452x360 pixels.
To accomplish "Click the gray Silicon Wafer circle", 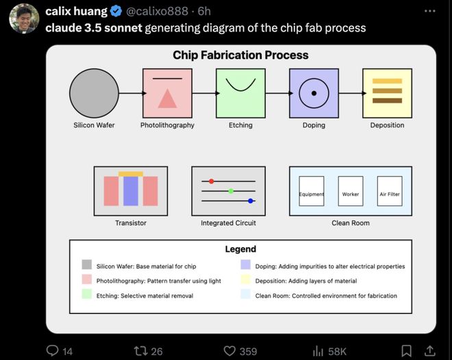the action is (94, 93).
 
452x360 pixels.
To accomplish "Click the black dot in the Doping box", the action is (314, 93).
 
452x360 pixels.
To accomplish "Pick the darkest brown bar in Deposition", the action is (387, 101).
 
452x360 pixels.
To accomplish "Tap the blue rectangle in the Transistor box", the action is (131, 191).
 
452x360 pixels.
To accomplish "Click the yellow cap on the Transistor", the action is (131, 174).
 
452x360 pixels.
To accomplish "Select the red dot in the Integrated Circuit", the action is (212, 181).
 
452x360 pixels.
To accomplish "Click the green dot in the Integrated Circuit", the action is (231, 191).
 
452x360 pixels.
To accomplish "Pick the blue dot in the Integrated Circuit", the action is (251, 201).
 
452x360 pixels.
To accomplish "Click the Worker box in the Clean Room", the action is (351, 191).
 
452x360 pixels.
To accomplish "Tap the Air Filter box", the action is (390, 191).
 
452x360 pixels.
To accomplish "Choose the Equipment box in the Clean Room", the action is (312, 191).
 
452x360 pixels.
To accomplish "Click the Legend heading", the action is (240, 249).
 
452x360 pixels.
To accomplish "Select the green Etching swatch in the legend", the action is (87, 294).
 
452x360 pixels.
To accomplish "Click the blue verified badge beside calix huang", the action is (116, 11).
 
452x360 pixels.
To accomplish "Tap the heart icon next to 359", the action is (229, 351).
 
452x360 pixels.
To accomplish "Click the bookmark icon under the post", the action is (406, 351).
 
